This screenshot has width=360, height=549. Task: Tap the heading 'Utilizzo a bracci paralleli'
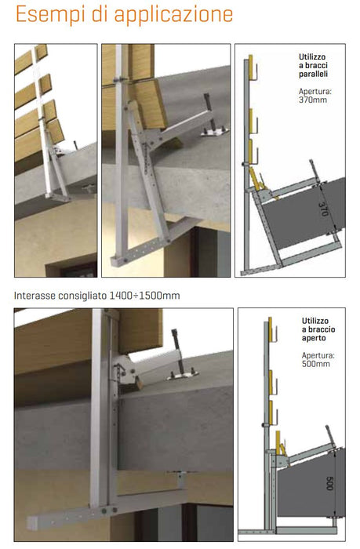tap(313, 65)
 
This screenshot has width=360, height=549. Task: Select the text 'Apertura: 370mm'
tap(315, 96)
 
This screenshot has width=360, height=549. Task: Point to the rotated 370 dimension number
tap(324, 209)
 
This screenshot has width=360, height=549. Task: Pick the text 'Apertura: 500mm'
tap(318, 359)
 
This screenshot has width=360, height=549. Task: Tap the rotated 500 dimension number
tap(329, 483)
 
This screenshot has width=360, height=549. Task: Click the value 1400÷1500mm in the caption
tap(144, 296)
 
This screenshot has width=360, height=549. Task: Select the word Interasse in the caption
tap(35, 296)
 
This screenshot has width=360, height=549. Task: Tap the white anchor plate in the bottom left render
tap(183, 376)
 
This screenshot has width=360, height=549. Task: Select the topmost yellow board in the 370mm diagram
tap(250, 67)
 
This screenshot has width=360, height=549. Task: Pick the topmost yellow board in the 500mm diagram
tap(270, 329)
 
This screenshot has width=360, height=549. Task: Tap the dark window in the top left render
tap(78, 270)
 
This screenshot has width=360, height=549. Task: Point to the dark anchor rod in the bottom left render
tap(178, 350)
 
